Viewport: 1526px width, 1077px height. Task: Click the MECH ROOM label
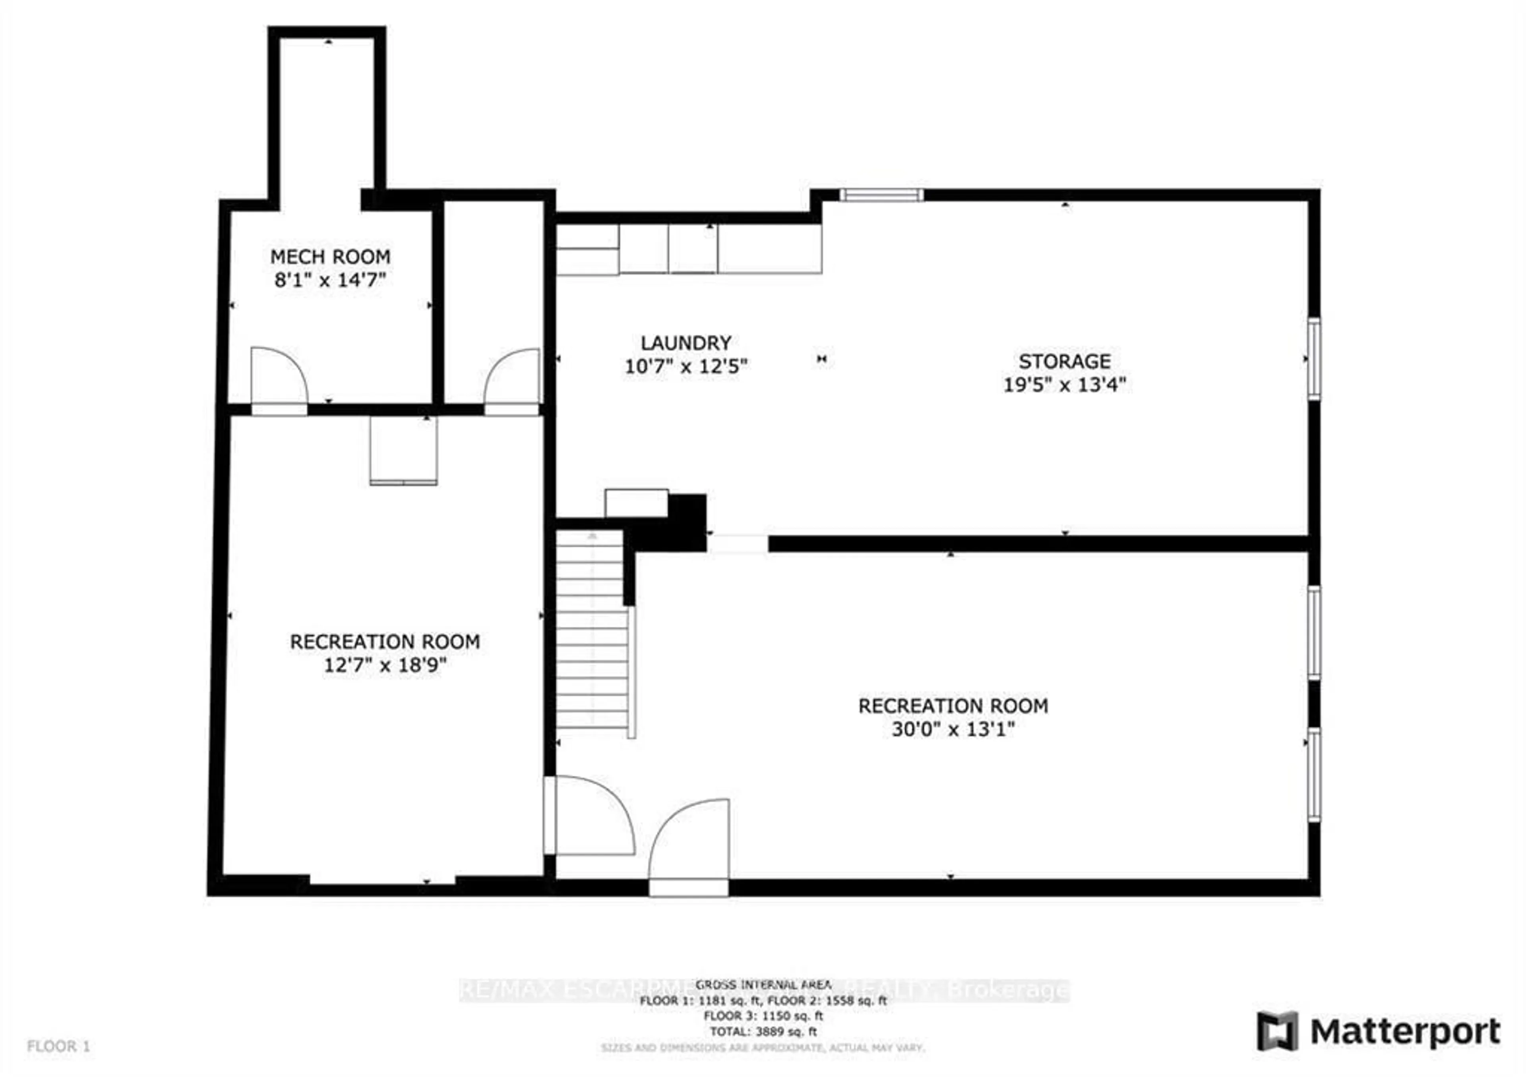click(x=330, y=257)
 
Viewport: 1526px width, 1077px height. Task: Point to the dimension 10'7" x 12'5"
click(x=686, y=367)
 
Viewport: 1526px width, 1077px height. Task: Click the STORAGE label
click(x=1064, y=362)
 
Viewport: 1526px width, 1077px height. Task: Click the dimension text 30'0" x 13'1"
click(x=953, y=729)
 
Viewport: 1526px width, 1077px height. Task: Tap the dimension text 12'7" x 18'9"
click(x=384, y=665)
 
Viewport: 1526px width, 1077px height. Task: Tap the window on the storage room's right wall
click(x=1313, y=359)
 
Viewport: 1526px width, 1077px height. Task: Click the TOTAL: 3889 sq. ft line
click(x=763, y=1032)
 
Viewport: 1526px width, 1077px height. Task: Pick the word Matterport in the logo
click(x=1404, y=1032)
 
